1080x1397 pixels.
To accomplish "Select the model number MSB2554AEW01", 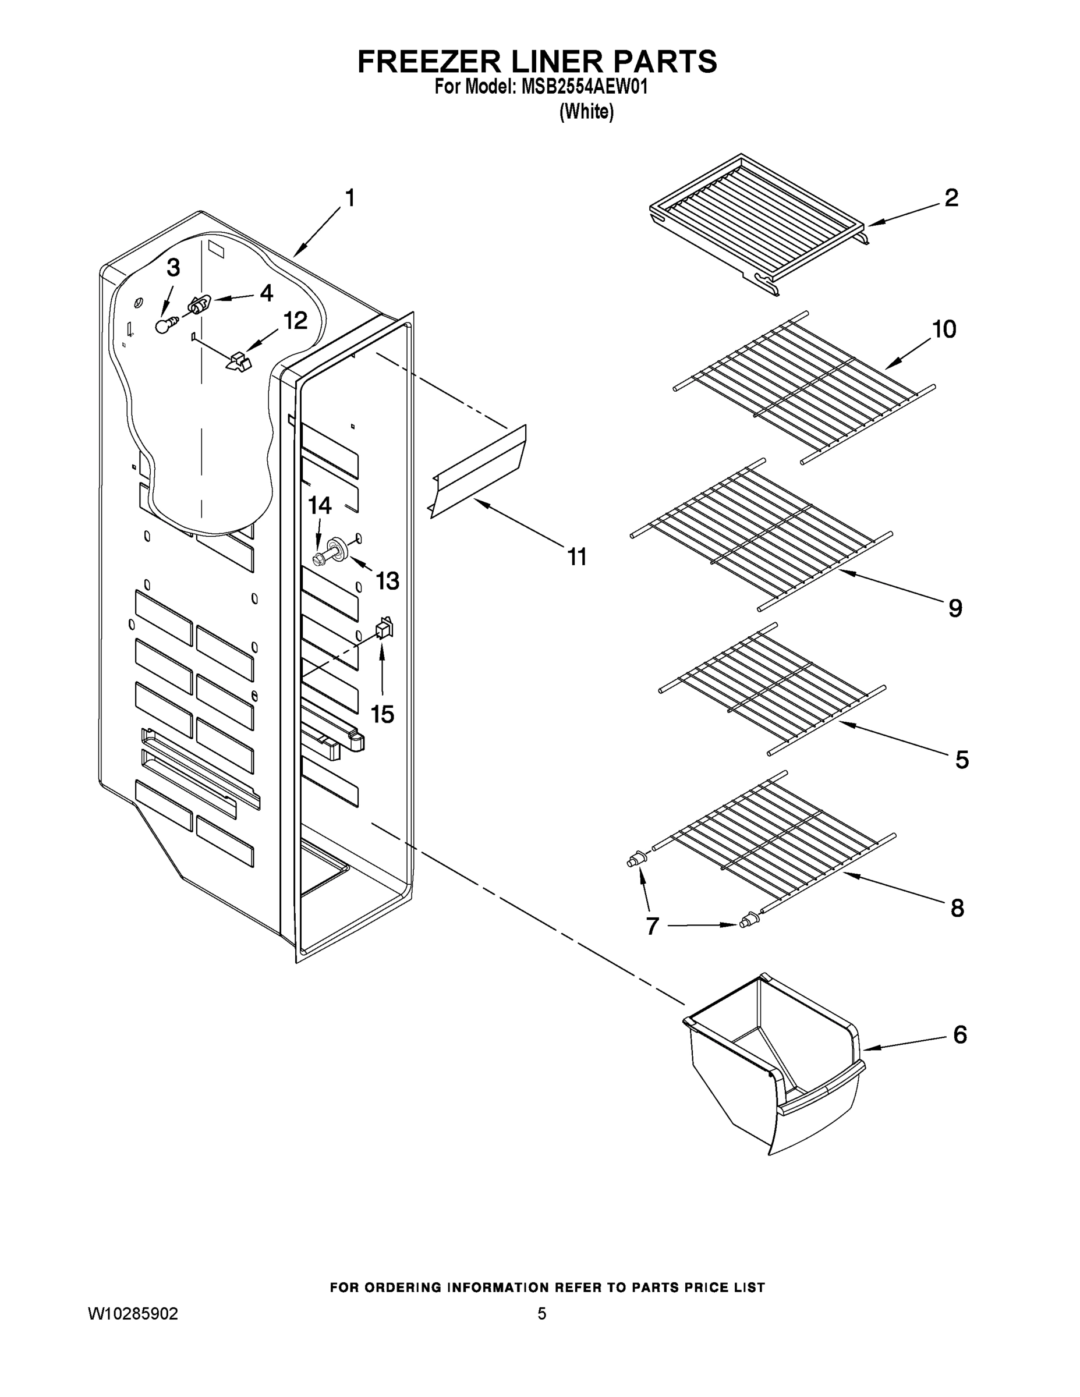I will pos(584,87).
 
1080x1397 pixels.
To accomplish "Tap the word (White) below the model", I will pos(586,112).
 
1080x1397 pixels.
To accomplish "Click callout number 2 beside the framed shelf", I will pos(951,198).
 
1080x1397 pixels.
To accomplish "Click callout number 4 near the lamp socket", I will pos(266,293).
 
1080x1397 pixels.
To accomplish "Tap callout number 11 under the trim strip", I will pos(577,556).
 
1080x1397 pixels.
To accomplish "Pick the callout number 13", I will pos(387,581).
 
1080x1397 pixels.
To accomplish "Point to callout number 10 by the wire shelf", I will pos(944,329).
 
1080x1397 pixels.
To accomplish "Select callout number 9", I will pos(955,608).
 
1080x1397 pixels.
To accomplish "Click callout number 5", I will pos(962,759).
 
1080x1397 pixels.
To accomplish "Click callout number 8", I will pos(957,907).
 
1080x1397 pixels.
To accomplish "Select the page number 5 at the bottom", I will pos(541,1314).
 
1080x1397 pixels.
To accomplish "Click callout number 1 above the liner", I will pos(349,198).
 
